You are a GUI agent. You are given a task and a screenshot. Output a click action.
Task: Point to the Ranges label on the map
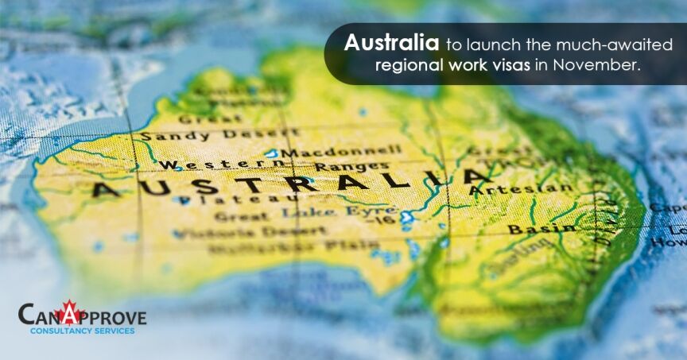click(340, 167)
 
